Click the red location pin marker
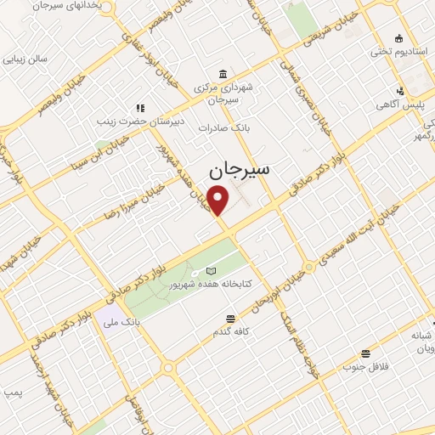219,201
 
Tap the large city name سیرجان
239,169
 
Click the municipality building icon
223,73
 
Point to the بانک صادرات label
215,127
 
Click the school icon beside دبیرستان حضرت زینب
140,108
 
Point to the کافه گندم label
230,331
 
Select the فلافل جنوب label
365,367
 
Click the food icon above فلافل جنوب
365,353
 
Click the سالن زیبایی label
25,59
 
